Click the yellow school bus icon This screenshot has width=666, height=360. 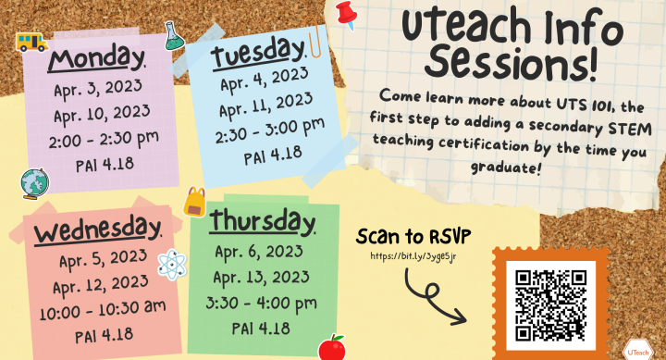tap(32, 41)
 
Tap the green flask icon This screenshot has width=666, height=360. tap(173, 36)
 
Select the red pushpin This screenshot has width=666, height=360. tap(347, 14)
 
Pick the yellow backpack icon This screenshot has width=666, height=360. tap(195, 201)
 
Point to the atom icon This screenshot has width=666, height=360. tap(171, 265)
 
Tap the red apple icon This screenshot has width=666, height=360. tap(330, 347)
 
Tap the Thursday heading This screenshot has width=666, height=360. tap(262, 223)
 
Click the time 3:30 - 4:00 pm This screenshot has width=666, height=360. tap(263, 303)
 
